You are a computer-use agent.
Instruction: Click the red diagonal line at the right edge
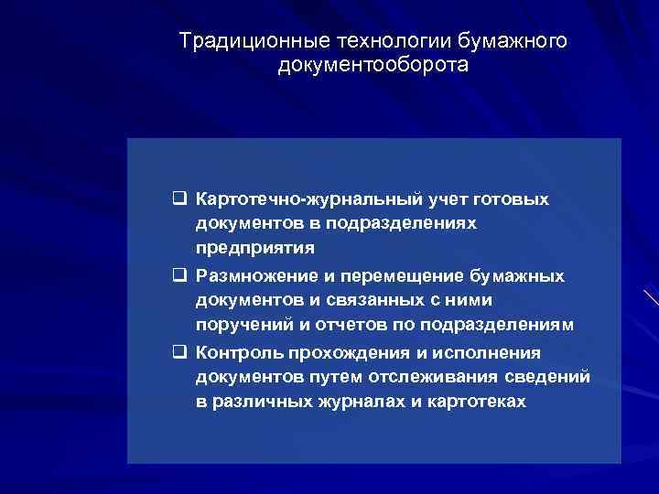pyautogui.click(x=651, y=297)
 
